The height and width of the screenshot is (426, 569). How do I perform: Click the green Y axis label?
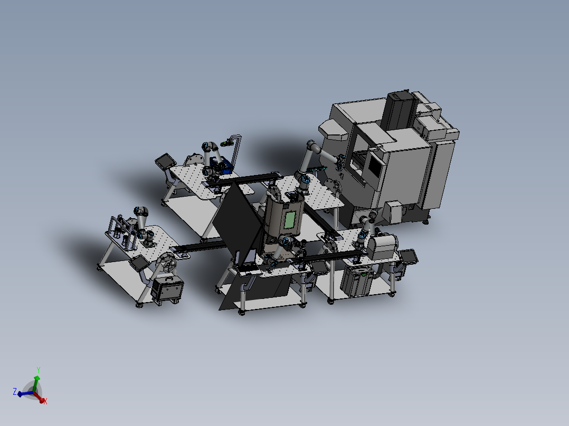(38, 370)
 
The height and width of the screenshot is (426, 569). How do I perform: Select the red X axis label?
(45, 401)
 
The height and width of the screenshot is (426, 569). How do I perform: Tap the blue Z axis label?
(15, 392)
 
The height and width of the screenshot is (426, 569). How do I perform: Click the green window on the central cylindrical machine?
(290, 220)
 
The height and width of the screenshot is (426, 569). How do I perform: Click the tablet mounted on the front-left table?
(139, 263)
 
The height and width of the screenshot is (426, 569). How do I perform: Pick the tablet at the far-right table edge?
(409, 257)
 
